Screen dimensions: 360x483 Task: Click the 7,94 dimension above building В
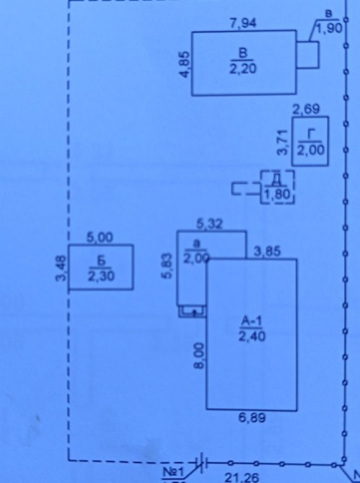(243, 23)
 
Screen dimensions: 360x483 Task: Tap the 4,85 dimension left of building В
(185, 64)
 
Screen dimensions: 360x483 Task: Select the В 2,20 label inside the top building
(243, 61)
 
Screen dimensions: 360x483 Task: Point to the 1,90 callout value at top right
(330, 28)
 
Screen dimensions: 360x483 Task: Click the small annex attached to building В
(307, 55)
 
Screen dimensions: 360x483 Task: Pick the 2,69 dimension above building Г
(306, 110)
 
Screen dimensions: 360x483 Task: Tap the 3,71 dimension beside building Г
(283, 143)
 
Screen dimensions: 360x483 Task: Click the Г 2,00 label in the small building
(311, 142)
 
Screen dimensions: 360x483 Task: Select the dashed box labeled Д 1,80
(278, 172)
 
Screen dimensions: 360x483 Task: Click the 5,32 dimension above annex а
(210, 224)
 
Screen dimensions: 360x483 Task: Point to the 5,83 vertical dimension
(167, 265)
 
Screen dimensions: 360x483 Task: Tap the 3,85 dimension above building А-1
(267, 252)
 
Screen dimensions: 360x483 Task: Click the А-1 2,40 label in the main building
(252, 329)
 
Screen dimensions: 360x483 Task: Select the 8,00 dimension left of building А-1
(200, 355)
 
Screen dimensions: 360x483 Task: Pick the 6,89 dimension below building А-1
(252, 418)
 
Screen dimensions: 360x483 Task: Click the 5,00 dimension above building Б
(100, 238)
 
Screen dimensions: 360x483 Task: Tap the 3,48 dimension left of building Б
(61, 268)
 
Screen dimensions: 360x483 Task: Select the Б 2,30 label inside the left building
(101, 269)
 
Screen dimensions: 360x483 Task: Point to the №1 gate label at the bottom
(173, 472)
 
